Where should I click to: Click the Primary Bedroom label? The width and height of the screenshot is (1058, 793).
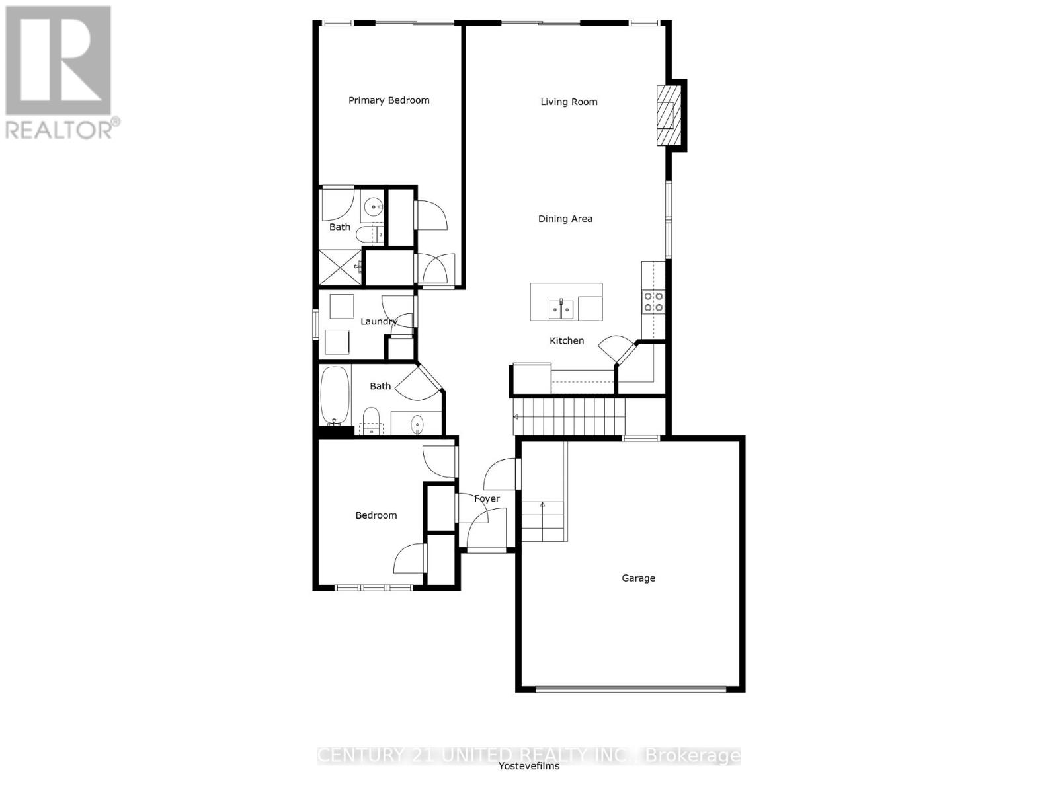(x=389, y=100)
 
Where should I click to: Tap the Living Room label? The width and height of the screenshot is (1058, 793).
(x=569, y=102)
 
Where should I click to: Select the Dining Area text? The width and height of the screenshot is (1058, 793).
(x=565, y=219)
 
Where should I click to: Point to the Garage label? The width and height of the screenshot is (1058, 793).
(x=638, y=578)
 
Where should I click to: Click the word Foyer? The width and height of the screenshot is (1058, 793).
(x=487, y=499)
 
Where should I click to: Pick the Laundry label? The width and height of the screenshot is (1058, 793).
(x=378, y=322)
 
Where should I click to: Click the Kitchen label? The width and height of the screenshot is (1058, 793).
(x=567, y=341)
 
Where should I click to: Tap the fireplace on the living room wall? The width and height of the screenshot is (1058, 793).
(x=668, y=116)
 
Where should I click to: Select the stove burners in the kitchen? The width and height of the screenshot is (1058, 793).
(x=653, y=302)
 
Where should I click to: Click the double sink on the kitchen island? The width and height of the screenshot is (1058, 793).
(x=561, y=309)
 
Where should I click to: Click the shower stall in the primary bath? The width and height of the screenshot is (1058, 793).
(x=341, y=268)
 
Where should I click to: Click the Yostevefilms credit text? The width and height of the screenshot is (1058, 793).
(x=528, y=767)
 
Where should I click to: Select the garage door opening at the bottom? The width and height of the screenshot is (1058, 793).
(x=630, y=689)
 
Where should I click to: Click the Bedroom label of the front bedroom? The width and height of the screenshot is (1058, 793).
(x=376, y=515)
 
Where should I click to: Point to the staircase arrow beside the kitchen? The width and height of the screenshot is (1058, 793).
(x=516, y=417)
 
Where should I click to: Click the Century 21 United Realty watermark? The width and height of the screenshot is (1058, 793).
(x=528, y=755)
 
